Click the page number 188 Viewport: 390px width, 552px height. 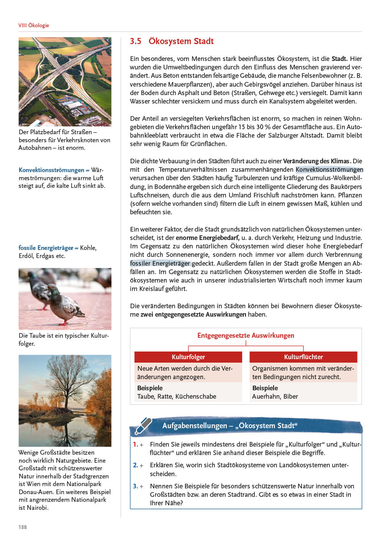[x=23, y=527]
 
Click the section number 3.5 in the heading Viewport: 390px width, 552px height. [x=135, y=41]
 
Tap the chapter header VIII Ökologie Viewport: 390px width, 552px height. [x=34, y=25]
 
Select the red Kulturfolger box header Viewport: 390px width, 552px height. [x=188, y=357]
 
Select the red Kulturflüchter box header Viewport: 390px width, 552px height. [x=303, y=357]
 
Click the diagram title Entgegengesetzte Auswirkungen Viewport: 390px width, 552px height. [x=246, y=335]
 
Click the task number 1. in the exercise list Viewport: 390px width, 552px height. [x=136, y=444]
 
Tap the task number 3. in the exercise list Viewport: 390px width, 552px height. [x=136, y=486]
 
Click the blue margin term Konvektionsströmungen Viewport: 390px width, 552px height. [x=51, y=170]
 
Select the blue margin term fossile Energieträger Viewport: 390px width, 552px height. [x=46, y=248]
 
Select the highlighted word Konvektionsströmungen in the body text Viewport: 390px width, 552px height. [x=329, y=169]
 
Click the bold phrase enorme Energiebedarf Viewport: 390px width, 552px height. [x=207, y=238]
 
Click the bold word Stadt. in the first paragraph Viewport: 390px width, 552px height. [x=339, y=59]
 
